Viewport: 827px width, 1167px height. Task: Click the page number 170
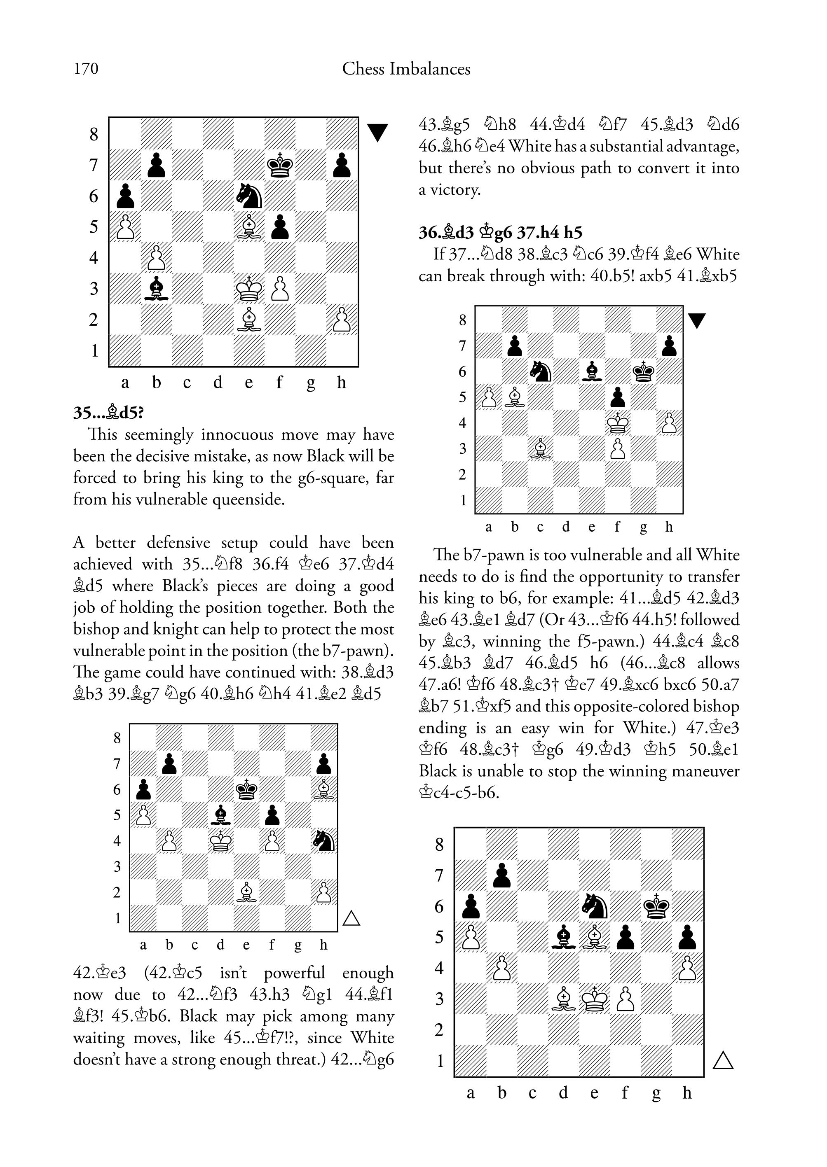tap(86, 69)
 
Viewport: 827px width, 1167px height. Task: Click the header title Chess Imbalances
tap(406, 69)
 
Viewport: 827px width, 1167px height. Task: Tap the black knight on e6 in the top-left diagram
tap(249, 196)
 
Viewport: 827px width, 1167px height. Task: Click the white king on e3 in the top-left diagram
tap(249, 289)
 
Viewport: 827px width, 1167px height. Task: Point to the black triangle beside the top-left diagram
tap(377, 132)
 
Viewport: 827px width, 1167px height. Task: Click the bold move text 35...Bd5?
tap(108, 412)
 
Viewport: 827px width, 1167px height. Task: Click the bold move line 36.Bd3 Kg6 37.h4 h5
tap(501, 233)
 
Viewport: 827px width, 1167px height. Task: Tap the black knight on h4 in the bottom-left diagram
tap(324, 840)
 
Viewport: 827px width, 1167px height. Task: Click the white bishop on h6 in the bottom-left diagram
tap(324, 789)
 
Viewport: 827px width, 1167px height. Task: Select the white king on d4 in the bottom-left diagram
tap(221, 840)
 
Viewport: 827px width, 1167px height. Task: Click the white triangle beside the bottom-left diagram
tap(351, 919)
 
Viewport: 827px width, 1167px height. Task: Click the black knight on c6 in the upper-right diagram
tap(540, 371)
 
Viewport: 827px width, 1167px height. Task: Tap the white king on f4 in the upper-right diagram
tap(618, 423)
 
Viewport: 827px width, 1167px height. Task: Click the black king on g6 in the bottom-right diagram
tap(656, 906)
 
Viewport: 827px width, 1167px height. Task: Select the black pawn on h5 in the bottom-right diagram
tap(687, 937)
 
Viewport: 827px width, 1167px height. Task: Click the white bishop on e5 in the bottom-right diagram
tap(594, 937)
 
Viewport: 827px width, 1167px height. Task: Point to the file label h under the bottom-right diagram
tap(687, 1092)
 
